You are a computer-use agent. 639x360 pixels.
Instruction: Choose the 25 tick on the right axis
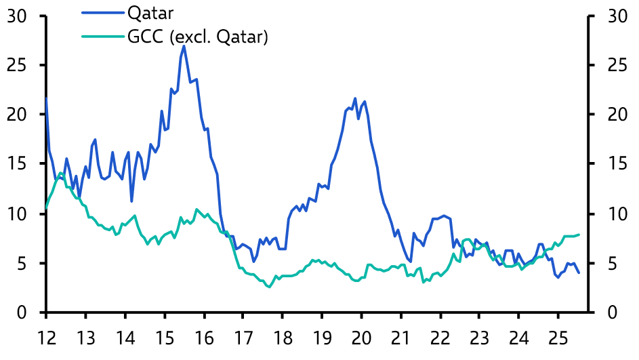pos(611,66)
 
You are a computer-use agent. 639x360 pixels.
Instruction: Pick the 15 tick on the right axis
pos(611,165)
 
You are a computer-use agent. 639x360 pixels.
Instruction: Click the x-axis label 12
pos(46,336)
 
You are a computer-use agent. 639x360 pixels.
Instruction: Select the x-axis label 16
pos(204,336)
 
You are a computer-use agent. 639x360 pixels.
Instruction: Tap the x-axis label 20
pos(361,336)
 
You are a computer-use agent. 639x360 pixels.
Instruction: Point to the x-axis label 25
pos(558,336)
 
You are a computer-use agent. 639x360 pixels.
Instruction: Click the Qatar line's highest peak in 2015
pos(184,46)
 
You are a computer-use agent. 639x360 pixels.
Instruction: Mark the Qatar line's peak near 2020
pos(355,98)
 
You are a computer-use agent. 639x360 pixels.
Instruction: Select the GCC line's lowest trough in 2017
pos(269,287)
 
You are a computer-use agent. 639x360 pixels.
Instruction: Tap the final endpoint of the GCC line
pos(579,235)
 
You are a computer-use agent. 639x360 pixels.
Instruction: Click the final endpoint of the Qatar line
pos(579,273)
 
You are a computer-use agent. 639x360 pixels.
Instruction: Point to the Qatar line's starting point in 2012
pos(46,98)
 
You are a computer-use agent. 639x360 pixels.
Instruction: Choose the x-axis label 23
pos(480,336)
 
